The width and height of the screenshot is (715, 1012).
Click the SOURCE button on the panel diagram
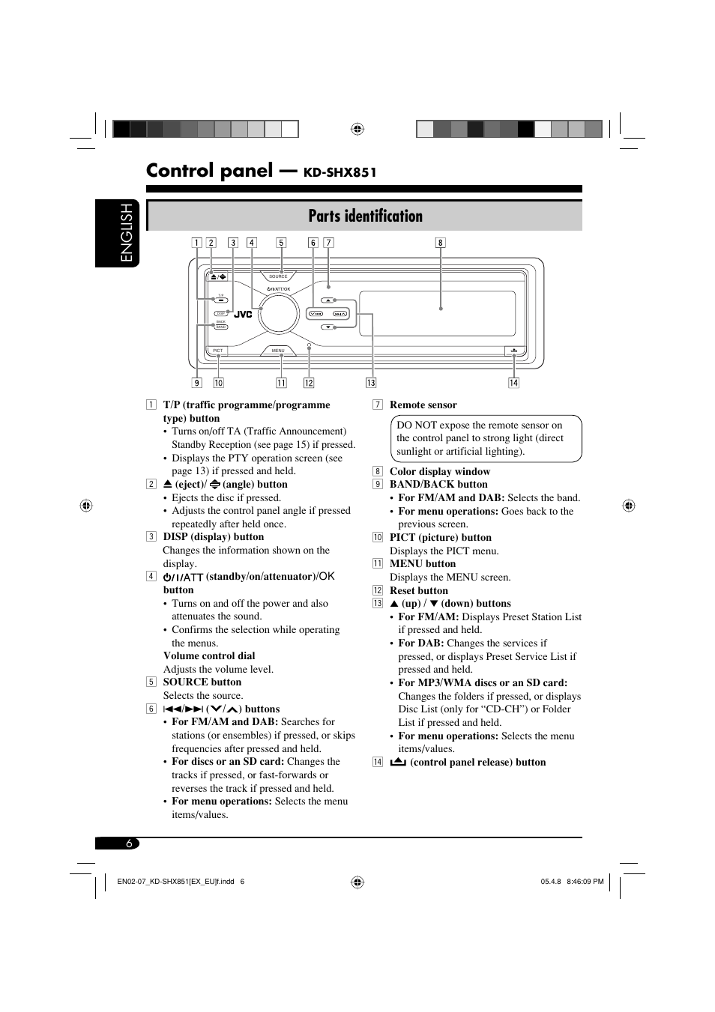278,276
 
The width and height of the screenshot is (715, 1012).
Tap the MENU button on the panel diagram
278,351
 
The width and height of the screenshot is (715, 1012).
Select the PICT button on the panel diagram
218,351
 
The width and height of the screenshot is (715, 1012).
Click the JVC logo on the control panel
243,315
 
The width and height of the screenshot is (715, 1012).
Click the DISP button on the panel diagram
221,314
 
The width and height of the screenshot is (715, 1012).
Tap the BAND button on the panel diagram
221,327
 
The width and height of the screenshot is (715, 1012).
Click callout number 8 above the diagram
441,243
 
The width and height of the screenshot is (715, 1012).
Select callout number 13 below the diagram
370,383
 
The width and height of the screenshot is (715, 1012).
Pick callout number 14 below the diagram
513,383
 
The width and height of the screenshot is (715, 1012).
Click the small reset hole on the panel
309,345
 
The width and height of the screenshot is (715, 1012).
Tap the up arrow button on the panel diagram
328,300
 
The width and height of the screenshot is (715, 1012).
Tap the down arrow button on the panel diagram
328,327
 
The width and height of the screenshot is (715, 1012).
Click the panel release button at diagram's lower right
514,351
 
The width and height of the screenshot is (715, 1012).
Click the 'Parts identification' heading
365,216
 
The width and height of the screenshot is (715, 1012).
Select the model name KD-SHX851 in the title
340,172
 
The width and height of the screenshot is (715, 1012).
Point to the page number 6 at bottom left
129,843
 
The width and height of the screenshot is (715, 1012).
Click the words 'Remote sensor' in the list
423,405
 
